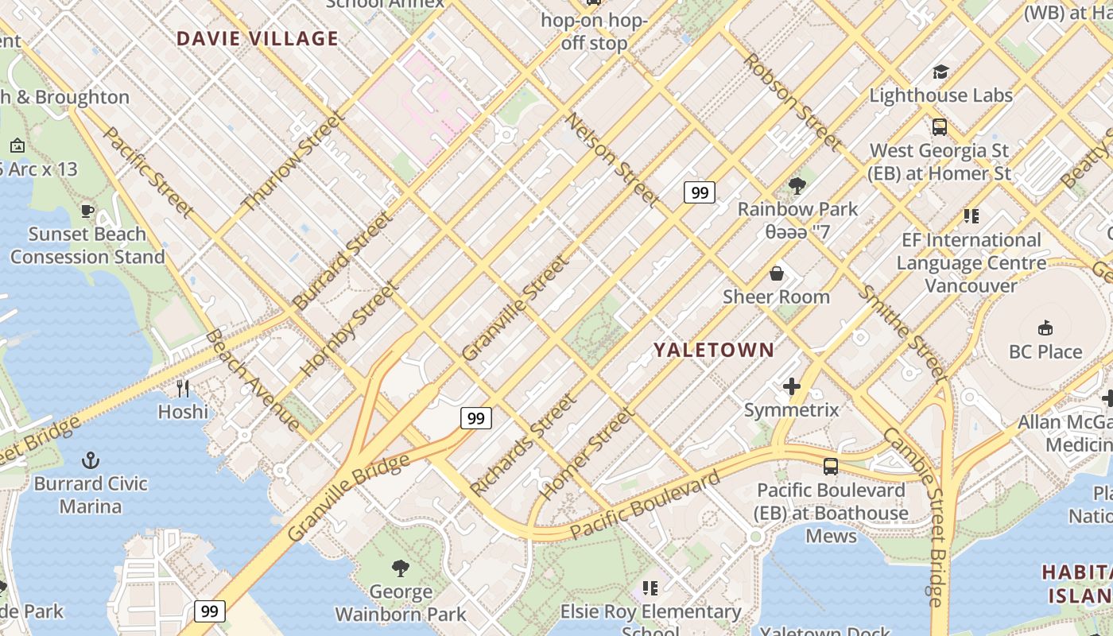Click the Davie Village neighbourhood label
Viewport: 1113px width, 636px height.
point(257,38)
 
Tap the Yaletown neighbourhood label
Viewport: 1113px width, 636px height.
point(713,350)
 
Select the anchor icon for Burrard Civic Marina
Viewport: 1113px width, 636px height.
point(91,460)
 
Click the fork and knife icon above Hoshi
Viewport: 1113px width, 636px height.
point(183,388)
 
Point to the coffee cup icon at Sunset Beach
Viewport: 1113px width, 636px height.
point(87,211)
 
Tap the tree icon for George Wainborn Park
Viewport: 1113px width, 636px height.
point(401,568)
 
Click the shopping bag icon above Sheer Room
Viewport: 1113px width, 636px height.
point(777,273)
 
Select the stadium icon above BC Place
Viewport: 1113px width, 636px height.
point(1045,328)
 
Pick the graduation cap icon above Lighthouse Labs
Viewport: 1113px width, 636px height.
point(940,72)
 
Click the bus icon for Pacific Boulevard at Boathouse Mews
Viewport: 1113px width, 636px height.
point(831,467)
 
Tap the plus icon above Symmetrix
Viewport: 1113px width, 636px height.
point(792,387)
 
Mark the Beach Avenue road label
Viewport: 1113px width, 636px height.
point(252,380)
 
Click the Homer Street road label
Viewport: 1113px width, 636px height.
point(588,453)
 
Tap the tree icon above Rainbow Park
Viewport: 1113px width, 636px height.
point(797,186)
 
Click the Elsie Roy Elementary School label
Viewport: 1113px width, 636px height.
point(650,612)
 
